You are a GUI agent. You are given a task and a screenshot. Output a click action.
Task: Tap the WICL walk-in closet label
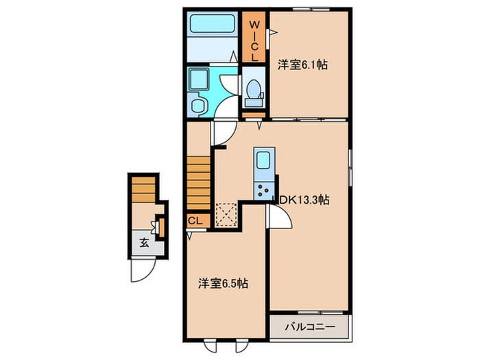254,40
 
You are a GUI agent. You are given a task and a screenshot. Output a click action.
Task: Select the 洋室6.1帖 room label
302,65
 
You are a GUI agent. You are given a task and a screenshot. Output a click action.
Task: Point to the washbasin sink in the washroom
197,105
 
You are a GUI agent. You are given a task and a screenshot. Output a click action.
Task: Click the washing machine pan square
199,79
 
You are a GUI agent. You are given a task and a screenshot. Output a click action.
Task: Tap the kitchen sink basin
263,160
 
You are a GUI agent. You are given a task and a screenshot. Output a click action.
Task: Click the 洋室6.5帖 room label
223,283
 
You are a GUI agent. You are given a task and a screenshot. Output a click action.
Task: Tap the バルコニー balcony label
310,327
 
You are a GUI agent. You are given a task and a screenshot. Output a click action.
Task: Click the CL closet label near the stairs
195,220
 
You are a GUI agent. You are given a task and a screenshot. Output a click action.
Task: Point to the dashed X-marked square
226,215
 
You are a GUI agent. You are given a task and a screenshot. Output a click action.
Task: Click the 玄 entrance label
144,243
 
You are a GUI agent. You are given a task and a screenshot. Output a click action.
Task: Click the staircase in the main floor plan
199,183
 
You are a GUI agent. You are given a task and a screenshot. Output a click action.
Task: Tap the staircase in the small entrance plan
143,189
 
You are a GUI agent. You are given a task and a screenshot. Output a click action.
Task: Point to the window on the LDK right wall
350,167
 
